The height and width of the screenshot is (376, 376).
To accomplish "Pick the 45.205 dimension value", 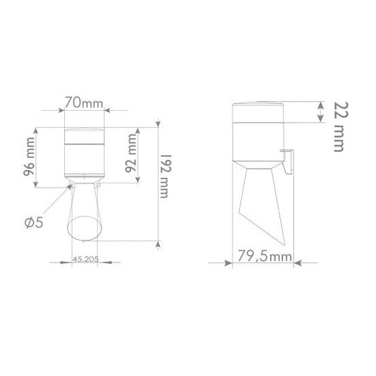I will point(85,258).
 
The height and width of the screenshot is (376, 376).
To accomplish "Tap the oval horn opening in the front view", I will point(85,229).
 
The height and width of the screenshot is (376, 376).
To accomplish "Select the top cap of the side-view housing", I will point(260,107).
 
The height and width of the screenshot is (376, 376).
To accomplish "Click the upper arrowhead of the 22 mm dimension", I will point(322,103).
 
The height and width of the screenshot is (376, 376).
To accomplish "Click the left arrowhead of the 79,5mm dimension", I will point(229,262).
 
